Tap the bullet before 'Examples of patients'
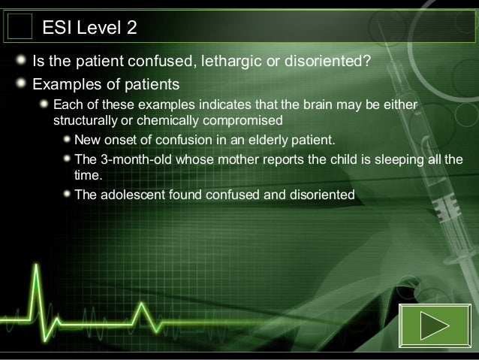23,82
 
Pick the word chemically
163,119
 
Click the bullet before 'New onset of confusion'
68,140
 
